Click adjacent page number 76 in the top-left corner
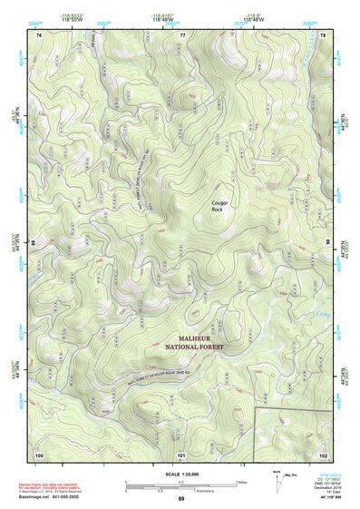tap(39, 34)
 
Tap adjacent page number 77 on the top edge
tap(182, 34)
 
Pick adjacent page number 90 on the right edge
tap(328, 243)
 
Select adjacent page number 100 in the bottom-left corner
tap(39, 454)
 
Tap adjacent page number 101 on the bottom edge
tap(181, 454)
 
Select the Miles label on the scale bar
tap(240, 482)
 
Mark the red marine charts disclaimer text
tap(50, 487)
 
